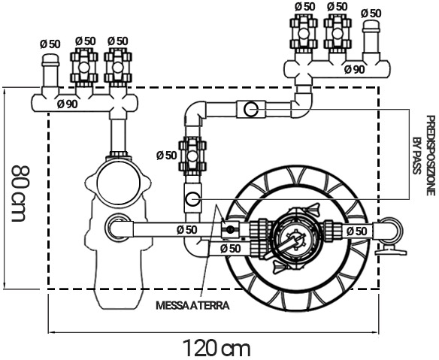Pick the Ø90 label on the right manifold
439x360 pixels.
pos(354,69)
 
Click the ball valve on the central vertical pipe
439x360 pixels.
pos(192,155)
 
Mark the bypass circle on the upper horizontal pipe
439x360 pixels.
pos(251,110)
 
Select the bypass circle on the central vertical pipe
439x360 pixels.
pos(192,199)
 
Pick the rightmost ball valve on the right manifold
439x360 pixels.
pos(337,30)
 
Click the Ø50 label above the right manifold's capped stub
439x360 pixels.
pos(371,12)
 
